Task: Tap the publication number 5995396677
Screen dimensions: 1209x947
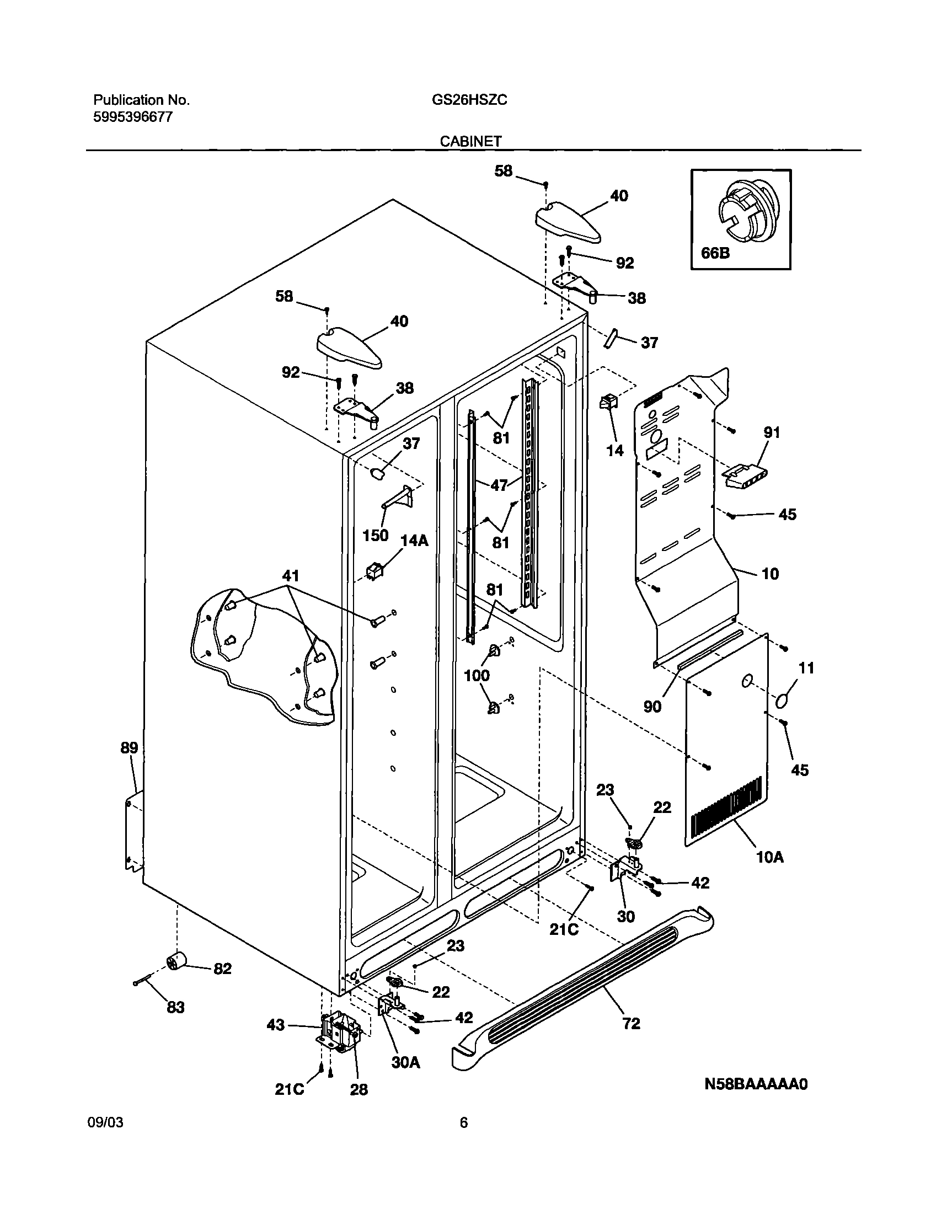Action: click(132, 117)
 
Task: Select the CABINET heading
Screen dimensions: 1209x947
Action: click(470, 142)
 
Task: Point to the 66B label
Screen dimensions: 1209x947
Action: click(715, 253)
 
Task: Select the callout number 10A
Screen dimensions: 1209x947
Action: click(770, 858)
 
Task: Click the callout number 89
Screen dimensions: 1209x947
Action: click(129, 748)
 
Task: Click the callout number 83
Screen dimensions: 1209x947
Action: click(175, 1007)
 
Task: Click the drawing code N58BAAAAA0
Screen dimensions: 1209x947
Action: click(756, 1084)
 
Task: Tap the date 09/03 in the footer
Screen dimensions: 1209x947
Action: click(105, 1123)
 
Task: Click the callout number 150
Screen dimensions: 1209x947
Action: click(376, 536)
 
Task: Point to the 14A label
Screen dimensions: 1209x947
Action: click(414, 541)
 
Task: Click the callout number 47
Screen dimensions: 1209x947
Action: click(499, 485)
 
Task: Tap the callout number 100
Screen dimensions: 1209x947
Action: click(477, 675)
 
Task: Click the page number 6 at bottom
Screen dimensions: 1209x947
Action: click(463, 1123)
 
